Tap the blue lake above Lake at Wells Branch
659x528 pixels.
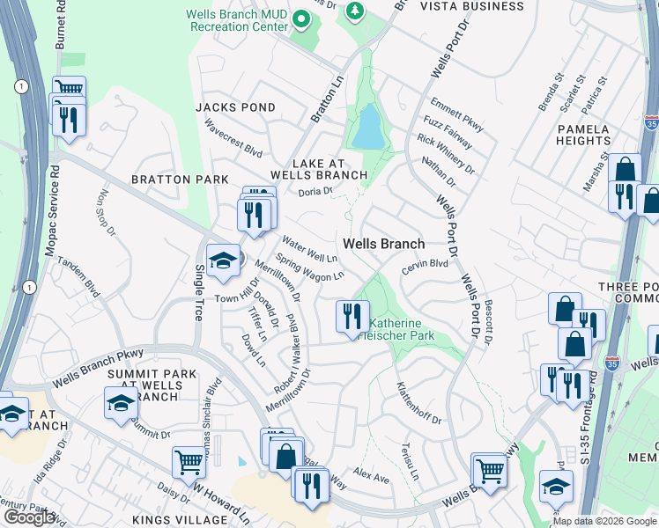367,128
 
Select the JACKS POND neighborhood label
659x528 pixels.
236,107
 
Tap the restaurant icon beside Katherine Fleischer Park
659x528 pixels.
352,316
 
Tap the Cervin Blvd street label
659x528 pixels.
426,268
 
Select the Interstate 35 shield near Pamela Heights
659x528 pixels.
650,121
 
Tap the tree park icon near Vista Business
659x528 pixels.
355,11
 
